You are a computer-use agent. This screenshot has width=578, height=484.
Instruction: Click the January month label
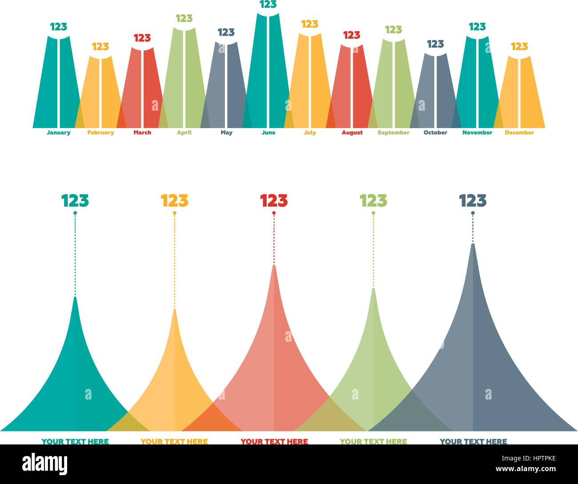click(x=58, y=132)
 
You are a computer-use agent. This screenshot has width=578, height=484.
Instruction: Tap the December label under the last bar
click(x=519, y=132)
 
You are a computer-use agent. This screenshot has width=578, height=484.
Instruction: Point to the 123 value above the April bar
click(x=184, y=18)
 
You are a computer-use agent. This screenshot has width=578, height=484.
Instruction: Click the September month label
click(x=393, y=132)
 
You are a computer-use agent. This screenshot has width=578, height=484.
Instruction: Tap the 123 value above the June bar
click(x=268, y=4)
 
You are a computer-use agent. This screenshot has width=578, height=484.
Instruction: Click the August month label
click(x=352, y=132)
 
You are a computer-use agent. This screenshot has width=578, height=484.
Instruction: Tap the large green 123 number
click(x=373, y=201)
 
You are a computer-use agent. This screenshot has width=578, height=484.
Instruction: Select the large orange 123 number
click(x=174, y=201)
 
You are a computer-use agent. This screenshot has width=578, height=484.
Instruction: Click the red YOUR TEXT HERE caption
click(x=274, y=441)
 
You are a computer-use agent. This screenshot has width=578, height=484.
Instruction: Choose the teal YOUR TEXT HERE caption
click(x=75, y=441)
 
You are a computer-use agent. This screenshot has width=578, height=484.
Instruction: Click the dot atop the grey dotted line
click(x=473, y=213)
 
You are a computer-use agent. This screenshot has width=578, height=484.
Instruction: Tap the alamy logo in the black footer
click(x=45, y=464)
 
